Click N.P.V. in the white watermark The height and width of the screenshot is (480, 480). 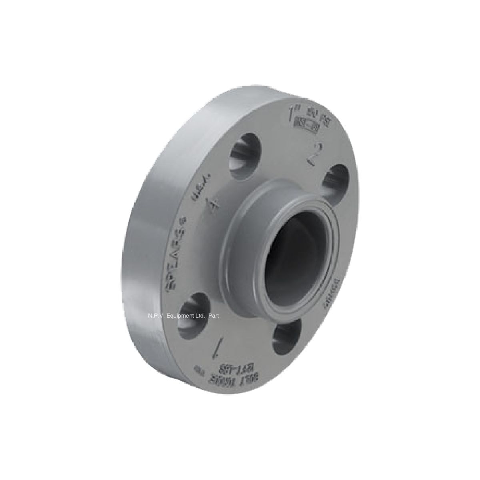[x=157, y=316]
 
